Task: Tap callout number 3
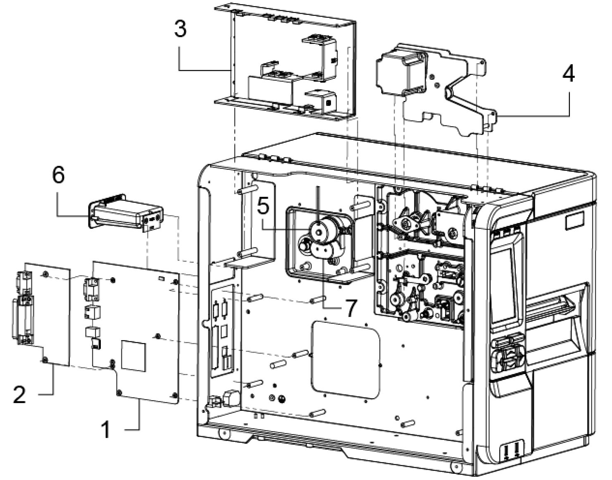tap(180, 29)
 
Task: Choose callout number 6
tap(59, 175)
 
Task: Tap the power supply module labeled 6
tap(125, 211)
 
